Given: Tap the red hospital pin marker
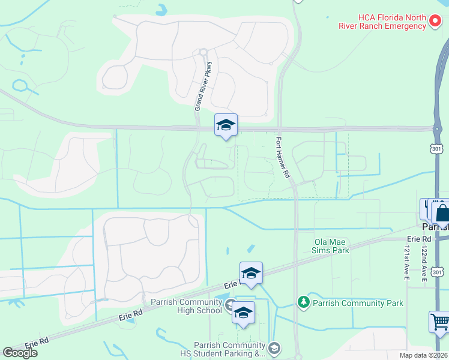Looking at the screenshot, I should pyautogui.click(x=436, y=22).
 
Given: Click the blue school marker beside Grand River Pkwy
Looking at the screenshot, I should pyautogui.click(x=226, y=125).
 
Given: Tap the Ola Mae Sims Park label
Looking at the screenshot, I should pyautogui.click(x=331, y=245).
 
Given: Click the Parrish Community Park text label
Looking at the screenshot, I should pyautogui.click(x=358, y=303).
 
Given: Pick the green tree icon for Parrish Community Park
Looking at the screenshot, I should pyautogui.click(x=304, y=302).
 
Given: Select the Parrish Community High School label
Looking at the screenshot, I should pyautogui.click(x=186, y=306).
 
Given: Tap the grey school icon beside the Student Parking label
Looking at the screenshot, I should pyautogui.click(x=274, y=347).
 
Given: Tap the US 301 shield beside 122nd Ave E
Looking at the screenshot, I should pyautogui.click(x=438, y=274).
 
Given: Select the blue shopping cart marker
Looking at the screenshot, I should pyautogui.click(x=440, y=322).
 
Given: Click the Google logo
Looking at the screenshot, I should pyautogui.click(x=19, y=353).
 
